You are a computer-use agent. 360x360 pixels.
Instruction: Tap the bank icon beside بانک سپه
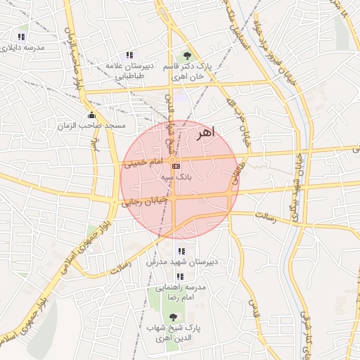pos(175,166)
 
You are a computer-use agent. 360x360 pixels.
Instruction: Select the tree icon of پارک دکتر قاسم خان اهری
pos(186,55)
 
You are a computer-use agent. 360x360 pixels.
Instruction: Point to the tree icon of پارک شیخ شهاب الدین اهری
pos(173,316)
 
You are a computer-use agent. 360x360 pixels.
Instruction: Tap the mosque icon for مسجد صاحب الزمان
pos(90,115)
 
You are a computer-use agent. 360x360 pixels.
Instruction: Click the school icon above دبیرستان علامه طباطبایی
pos(129,55)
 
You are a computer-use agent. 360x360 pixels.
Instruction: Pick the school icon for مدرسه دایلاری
pos(22,37)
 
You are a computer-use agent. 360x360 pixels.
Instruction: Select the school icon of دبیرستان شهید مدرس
pos(181,251)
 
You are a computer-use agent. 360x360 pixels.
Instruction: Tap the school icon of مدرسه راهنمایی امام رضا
pos(180,277)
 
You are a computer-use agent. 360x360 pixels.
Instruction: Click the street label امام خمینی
pos(143,163)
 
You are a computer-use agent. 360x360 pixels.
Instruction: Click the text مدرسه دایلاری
pos(24,48)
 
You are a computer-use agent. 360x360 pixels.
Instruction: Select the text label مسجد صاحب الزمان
pos(92,126)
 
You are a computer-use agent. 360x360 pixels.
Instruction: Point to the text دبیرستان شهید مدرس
pos(180,262)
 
